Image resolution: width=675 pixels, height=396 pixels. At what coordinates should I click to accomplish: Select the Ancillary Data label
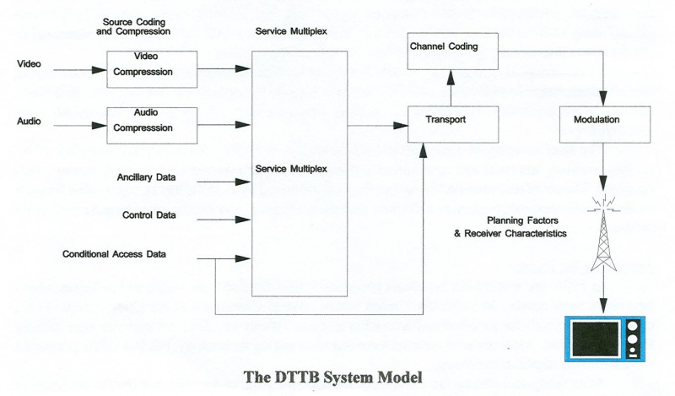point(147,177)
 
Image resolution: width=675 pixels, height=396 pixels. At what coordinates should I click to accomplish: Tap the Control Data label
point(149,215)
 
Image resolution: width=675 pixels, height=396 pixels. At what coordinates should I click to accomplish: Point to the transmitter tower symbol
point(602,236)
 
